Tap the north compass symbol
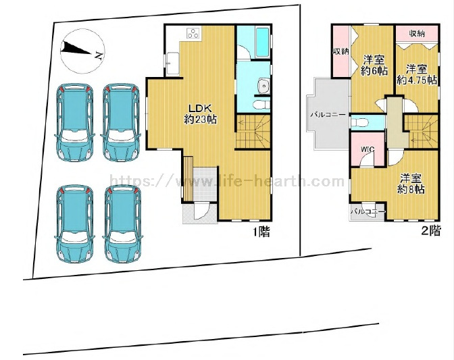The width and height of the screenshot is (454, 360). [x=82, y=51]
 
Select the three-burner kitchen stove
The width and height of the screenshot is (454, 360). [x=193, y=33]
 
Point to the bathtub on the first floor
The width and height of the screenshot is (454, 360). [x=263, y=43]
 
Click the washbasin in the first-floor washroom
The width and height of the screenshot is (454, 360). [x=263, y=86]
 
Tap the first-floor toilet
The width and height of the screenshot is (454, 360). [x=261, y=105]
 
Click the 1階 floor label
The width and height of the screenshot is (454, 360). [x=261, y=232]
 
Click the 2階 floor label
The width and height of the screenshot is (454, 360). [x=431, y=230]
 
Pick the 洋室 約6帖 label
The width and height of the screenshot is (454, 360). [x=374, y=66]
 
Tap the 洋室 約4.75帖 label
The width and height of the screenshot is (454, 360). [x=417, y=74]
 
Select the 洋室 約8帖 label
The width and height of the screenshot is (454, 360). [x=411, y=184]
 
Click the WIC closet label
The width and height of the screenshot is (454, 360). [x=368, y=149]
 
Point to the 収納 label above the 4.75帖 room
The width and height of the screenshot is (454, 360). [x=417, y=34]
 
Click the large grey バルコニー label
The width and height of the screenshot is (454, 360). [x=328, y=115]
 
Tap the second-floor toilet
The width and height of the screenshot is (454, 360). [x=359, y=122]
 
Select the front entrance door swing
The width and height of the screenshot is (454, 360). [x=201, y=211]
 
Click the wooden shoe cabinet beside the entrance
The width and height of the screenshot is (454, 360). [x=188, y=178]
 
